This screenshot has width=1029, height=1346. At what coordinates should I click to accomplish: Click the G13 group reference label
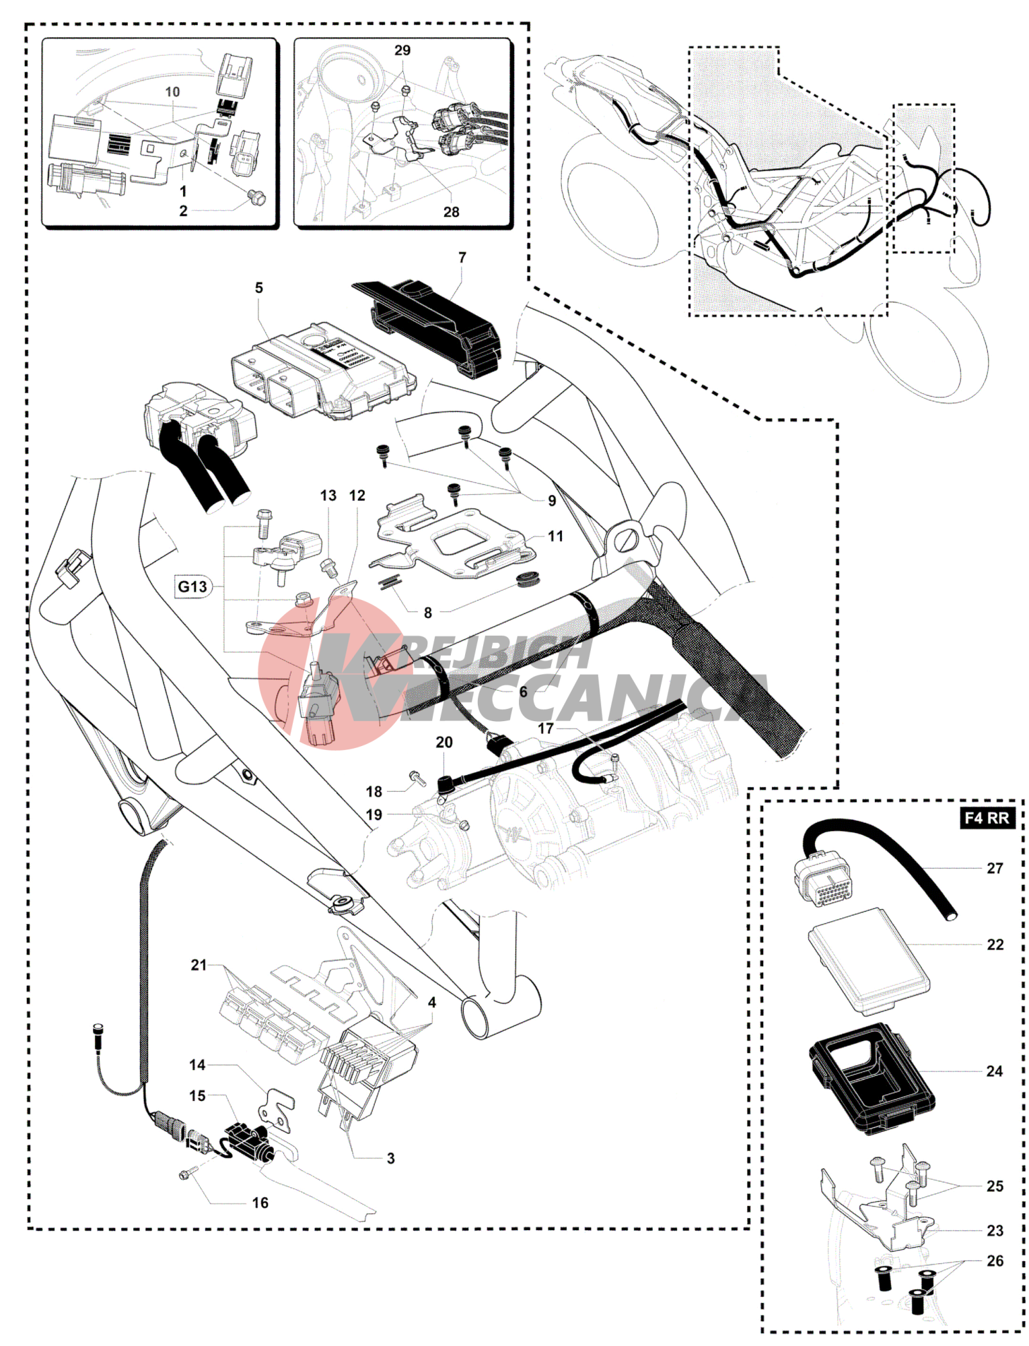[192, 586]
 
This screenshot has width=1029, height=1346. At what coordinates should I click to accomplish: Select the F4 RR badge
[987, 818]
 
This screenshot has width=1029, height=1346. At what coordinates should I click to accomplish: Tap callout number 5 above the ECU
[259, 288]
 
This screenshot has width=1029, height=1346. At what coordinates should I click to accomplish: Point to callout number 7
[462, 258]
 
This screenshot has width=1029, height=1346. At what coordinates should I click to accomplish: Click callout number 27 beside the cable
[995, 869]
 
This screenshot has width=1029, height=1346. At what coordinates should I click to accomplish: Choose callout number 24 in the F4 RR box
[995, 1071]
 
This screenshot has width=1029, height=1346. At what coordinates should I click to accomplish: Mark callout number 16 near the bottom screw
[260, 1203]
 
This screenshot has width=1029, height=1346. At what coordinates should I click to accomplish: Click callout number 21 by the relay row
[199, 965]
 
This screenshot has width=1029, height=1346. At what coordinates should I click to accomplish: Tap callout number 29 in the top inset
[402, 51]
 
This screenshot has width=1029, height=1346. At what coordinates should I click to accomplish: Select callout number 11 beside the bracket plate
[555, 537]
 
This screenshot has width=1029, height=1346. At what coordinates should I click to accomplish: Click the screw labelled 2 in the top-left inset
[256, 197]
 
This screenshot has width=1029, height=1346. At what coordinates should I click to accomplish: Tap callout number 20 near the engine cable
[444, 743]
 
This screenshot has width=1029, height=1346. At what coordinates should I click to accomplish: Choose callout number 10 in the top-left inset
[172, 92]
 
